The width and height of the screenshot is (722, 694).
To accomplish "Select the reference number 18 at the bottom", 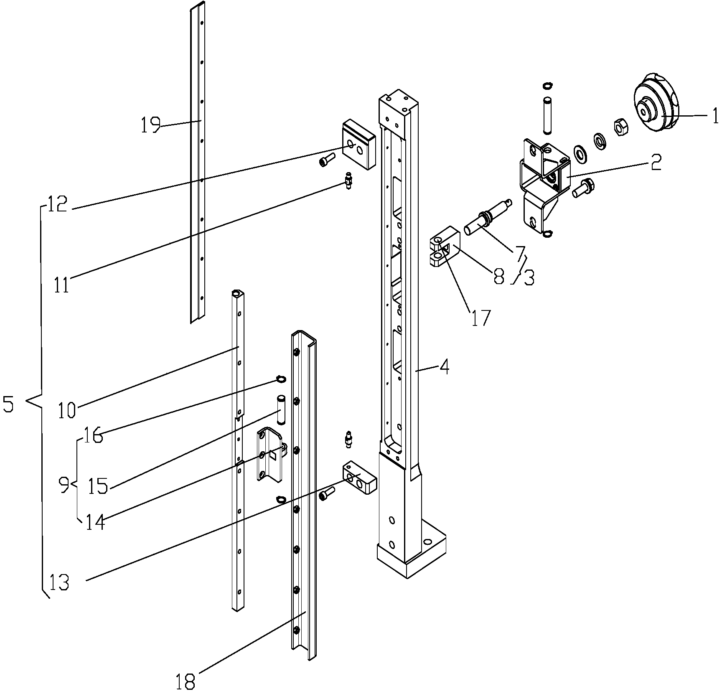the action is click(186, 682).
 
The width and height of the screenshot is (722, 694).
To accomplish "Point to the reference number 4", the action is click(445, 367).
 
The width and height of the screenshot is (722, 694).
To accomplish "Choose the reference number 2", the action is click(656, 162).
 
